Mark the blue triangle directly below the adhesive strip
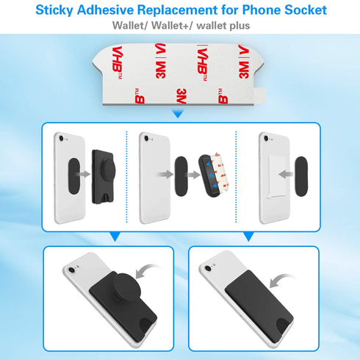click(x=178, y=113)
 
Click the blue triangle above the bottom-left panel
click(x=112, y=237)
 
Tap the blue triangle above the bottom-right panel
click(x=248, y=237)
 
